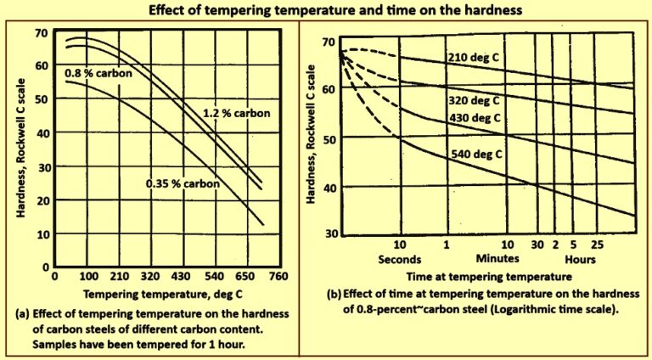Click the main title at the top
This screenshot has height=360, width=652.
point(326,11)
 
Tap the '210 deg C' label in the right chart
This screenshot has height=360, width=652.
point(476,58)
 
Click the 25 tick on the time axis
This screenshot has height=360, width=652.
point(598,245)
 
